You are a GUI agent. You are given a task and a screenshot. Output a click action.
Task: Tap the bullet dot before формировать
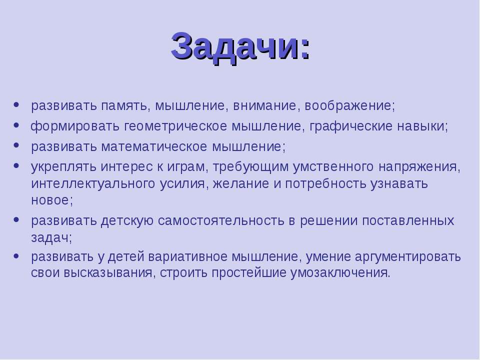point(16,125)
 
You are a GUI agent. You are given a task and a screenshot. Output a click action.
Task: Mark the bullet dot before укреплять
point(16,165)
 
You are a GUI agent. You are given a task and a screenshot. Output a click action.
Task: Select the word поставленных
point(408,220)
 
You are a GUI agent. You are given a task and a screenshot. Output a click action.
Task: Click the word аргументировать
point(408,256)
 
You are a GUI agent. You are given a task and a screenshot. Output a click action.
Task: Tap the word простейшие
point(249,273)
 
